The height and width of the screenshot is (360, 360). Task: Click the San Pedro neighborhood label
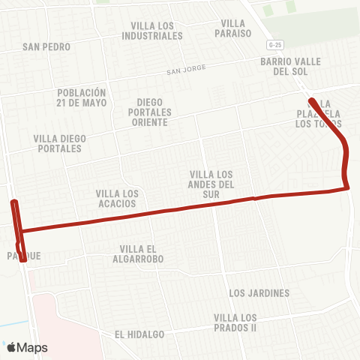point(46,46)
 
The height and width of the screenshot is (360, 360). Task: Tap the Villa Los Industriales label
point(152,30)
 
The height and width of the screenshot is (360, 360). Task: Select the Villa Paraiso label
point(233,28)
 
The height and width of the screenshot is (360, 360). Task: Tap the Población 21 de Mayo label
point(82,97)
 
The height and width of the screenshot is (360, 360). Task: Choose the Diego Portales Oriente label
point(154,112)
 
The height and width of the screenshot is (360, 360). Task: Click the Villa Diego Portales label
point(60,143)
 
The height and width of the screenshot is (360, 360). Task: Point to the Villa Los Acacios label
point(117,198)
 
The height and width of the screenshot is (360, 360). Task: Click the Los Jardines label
point(259,293)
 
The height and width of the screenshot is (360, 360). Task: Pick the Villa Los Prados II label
point(235,322)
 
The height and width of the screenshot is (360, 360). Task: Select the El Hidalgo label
point(139,334)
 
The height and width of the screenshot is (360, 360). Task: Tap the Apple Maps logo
point(27,347)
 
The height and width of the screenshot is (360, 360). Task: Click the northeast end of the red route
point(310,100)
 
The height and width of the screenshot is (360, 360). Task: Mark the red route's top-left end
point(13,202)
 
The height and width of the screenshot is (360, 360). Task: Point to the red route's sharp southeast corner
point(348,187)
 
